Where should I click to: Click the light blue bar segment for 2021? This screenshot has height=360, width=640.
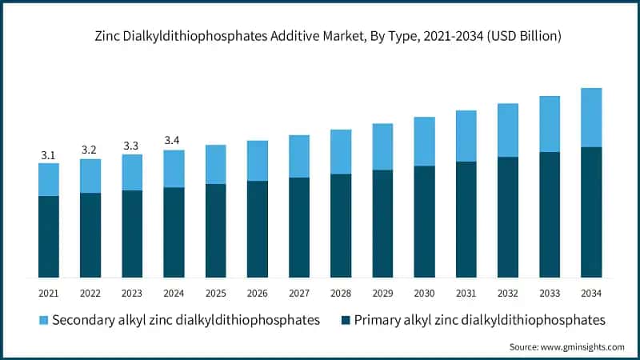[49, 179]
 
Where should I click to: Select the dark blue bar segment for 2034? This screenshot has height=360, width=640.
[591, 212]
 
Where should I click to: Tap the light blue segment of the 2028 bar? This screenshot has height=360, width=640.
[341, 151]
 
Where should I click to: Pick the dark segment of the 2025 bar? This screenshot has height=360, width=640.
[215, 230]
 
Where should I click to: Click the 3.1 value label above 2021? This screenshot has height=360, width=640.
[48, 155]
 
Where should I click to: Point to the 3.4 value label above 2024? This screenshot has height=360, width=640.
[174, 142]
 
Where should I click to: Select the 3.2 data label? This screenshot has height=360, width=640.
[90, 150]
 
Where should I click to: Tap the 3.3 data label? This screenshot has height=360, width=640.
[132, 146]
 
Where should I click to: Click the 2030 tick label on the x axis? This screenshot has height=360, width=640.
[424, 294]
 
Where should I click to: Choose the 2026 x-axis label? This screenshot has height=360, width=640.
[257, 294]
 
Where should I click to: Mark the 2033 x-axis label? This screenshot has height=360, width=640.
[550, 294]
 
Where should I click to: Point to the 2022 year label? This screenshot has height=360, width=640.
[90, 294]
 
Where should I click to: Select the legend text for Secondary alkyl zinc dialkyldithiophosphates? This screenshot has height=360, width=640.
[186, 320]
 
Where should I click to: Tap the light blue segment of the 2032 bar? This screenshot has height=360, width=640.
[508, 130]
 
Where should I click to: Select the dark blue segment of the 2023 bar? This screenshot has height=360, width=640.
[132, 234]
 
